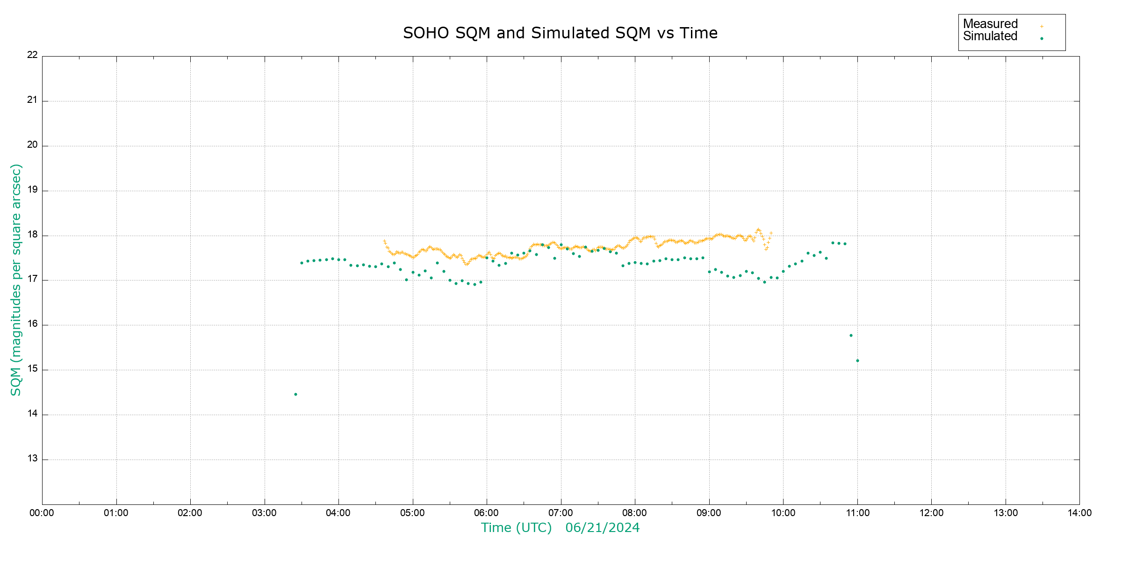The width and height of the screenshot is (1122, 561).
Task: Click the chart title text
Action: click(x=560, y=33)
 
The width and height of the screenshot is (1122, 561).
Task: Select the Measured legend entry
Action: click(x=990, y=24)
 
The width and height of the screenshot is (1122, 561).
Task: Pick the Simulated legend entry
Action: click(x=990, y=36)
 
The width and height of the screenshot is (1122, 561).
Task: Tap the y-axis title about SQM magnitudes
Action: click(x=16, y=280)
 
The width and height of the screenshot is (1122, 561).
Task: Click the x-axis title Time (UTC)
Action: click(x=516, y=528)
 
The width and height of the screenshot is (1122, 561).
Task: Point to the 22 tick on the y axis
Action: click(x=32, y=55)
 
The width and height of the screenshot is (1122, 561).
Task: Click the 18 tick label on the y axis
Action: click(x=32, y=235)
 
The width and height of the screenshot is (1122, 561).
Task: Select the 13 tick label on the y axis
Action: click(x=32, y=459)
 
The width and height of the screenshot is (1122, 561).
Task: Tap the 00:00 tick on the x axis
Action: click(x=42, y=513)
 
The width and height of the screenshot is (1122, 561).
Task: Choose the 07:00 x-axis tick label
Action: click(x=561, y=513)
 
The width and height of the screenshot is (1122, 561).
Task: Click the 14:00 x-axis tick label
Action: click(x=1079, y=513)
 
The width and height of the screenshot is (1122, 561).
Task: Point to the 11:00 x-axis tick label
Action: click(x=857, y=513)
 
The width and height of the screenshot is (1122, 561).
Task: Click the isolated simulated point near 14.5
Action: click(x=295, y=395)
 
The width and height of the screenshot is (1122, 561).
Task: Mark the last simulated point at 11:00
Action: click(x=857, y=361)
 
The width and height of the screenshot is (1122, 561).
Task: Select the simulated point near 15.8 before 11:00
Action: click(x=851, y=336)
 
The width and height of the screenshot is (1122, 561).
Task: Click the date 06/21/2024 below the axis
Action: click(x=602, y=528)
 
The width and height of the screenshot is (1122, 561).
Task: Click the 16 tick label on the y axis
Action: click(x=32, y=324)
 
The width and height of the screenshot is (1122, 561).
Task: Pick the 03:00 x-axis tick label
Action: click(x=264, y=513)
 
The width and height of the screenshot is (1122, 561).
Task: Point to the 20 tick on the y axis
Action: click(x=32, y=145)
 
